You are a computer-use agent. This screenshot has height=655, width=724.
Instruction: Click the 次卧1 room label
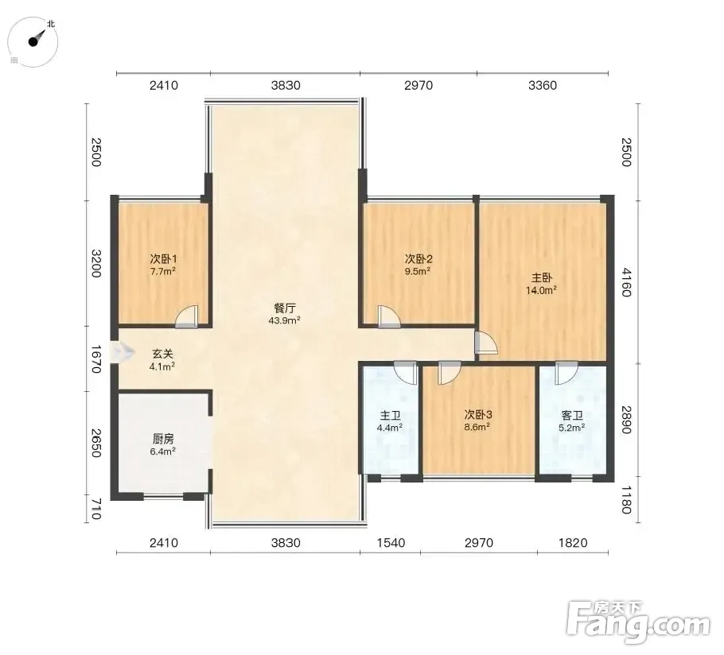pyautogui.click(x=163, y=259)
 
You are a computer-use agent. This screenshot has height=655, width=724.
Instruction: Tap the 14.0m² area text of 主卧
pyautogui.click(x=541, y=290)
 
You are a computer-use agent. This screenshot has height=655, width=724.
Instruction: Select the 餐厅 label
pyautogui.click(x=285, y=308)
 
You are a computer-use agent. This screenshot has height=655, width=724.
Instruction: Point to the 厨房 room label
pyautogui.click(x=163, y=439)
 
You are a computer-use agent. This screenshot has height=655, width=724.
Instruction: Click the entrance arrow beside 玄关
pyautogui.click(x=122, y=353)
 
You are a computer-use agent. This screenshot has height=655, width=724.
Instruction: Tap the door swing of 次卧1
pyautogui.click(x=187, y=316)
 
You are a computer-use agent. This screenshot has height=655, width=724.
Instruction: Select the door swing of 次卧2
pyautogui.click(x=389, y=317)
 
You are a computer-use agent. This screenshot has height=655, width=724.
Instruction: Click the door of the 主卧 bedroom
pyautogui.click(x=486, y=343)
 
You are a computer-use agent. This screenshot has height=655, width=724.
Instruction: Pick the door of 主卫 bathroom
pyautogui.click(x=406, y=373)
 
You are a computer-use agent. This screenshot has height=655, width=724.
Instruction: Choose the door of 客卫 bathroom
pyautogui.click(x=566, y=373)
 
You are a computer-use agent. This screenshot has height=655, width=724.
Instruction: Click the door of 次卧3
pyautogui.click(x=450, y=373)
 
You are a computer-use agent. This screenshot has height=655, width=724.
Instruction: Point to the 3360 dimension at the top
pyautogui.click(x=543, y=85)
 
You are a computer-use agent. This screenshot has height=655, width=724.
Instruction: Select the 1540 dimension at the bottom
pyautogui.click(x=391, y=543)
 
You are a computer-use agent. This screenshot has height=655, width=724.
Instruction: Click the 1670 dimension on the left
pyautogui.click(x=95, y=359)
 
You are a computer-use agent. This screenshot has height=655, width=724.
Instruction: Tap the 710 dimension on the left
pyautogui.click(x=95, y=509)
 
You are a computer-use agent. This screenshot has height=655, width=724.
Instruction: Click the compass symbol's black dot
pyautogui.click(x=33, y=42)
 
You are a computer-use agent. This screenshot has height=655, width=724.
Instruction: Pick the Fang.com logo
pyautogui.click(x=638, y=622)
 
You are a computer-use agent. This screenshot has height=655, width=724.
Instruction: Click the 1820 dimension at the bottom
pyautogui.click(x=573, y=543)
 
